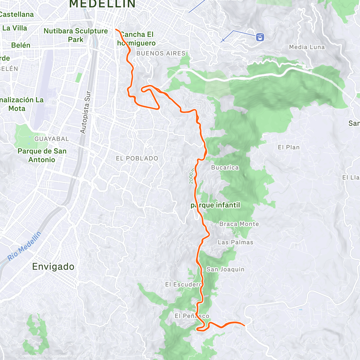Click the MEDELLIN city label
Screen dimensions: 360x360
102,4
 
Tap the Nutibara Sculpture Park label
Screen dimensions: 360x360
76,35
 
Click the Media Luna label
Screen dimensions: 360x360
307,47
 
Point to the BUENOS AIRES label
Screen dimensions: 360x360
161,53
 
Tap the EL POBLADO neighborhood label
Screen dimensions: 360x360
137,158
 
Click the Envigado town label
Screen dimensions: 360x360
53,266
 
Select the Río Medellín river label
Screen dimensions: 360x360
24,246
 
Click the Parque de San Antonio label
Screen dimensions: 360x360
42,155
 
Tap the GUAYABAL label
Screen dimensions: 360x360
52,139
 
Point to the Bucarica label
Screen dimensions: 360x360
225,167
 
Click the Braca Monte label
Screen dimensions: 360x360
239,224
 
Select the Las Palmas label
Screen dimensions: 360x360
235,242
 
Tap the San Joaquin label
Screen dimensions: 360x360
225,269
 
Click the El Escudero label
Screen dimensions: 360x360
184,284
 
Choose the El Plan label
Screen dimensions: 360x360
289,147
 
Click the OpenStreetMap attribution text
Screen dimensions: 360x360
63,356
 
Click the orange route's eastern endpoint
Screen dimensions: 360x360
244,325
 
